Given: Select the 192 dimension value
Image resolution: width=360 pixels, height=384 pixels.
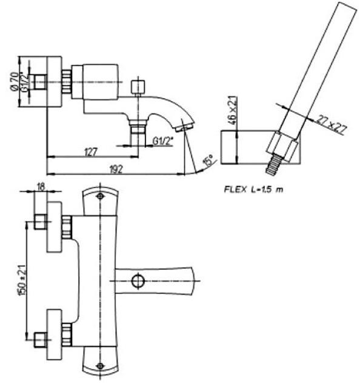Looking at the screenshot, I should pos(116,170).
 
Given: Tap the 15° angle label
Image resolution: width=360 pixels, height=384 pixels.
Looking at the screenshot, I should pos(208,162).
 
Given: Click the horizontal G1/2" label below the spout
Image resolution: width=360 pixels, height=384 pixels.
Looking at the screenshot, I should pos(162,141).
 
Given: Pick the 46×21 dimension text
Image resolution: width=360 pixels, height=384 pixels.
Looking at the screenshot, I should pos(232,110).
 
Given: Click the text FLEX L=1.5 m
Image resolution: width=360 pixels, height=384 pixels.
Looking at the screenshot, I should pos(253,189).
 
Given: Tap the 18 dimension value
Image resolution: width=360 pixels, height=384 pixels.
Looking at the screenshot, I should pos(41,187).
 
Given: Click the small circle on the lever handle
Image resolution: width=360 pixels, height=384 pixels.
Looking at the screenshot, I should pos(138,280).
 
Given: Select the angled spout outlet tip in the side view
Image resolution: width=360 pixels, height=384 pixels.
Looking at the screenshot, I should pos(182,127).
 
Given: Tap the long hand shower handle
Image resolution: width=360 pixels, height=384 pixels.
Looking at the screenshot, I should pos(315,67).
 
